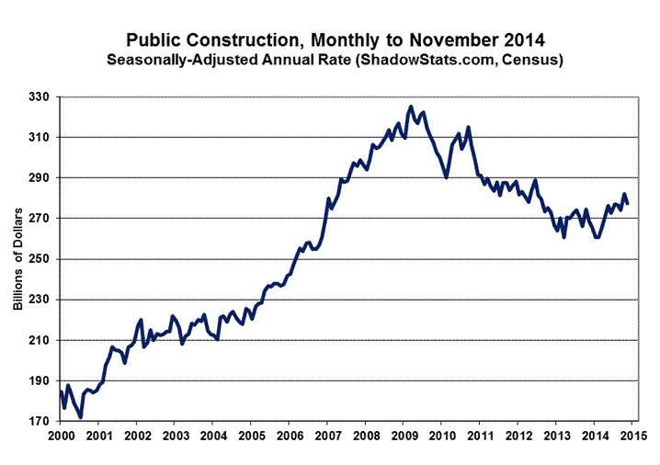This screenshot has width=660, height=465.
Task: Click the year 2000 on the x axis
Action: pyautogui.click(x=61, y=435)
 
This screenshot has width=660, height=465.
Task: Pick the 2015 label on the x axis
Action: pyautogui.click(x=632, y=435)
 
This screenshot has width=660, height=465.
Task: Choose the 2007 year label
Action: pyautogui.click(x=327, y=435)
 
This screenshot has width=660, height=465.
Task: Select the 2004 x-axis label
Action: pyautogui.click(x=213, y=435)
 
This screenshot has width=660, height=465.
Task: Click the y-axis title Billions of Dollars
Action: pyautogui.click(x=18, y=259)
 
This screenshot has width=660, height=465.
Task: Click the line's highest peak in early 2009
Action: pyautogui.click(x=411, y=107)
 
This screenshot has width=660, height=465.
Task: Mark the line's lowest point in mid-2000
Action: pyautogui.click(x=80, y=417)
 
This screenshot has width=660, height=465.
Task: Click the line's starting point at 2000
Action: pyautogui.click(x=61, y=392)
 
